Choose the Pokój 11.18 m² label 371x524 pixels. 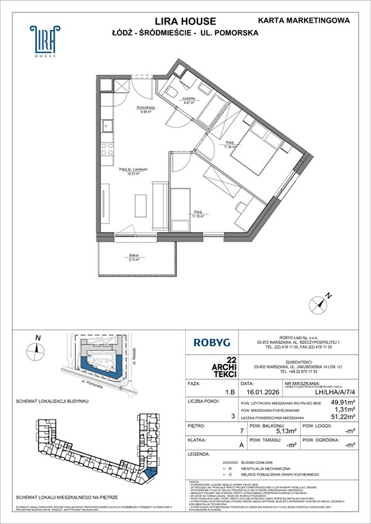(x=197, y=214)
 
